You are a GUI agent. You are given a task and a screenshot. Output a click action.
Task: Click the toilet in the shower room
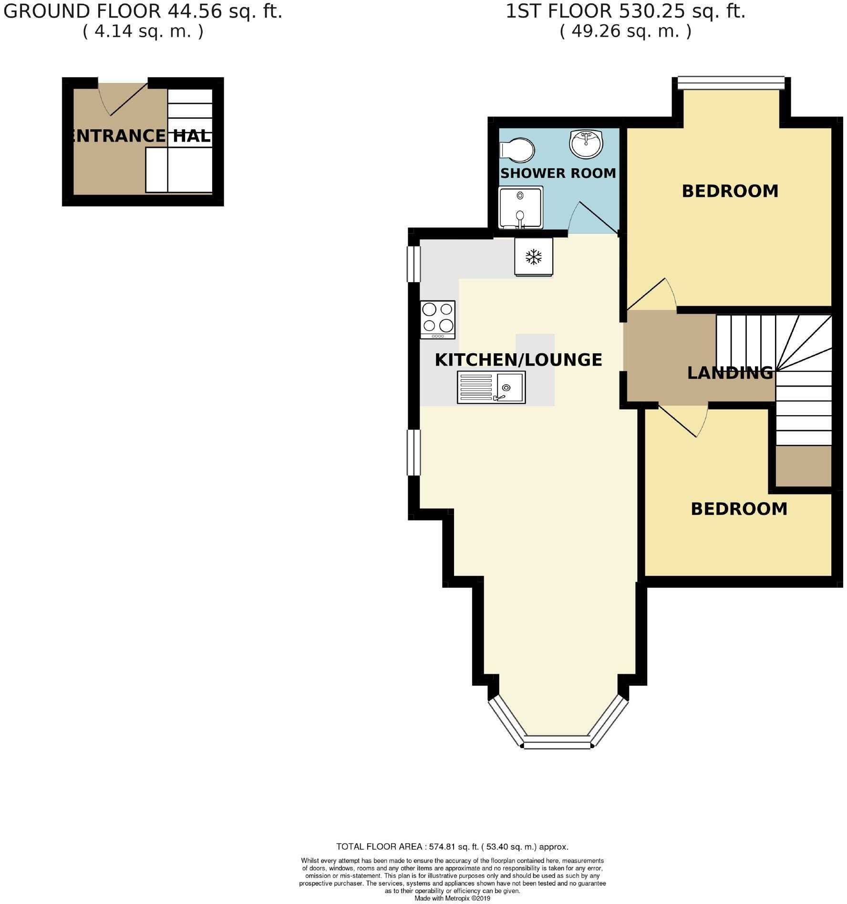(516, 149)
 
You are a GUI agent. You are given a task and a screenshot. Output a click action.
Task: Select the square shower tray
(521, 207)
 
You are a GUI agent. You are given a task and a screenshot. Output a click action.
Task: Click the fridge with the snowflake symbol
(534, 257)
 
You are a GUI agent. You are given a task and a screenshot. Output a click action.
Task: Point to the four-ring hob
(438, 320)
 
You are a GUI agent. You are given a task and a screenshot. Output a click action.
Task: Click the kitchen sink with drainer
(491, 387)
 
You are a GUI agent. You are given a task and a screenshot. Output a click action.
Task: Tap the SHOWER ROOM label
(558, 173)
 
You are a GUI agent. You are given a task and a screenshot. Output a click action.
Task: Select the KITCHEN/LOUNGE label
(518, 360)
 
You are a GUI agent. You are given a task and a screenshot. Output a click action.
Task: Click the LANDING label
(730, 372)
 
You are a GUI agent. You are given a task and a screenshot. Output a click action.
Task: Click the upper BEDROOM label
(730, 191)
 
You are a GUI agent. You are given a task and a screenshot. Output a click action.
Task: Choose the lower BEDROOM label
(739, 509)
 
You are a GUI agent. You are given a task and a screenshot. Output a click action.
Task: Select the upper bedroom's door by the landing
(651, 294)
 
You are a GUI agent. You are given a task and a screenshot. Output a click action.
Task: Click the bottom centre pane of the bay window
(557, 742)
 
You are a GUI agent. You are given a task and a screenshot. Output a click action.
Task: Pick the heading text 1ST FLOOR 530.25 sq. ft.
(625, 11)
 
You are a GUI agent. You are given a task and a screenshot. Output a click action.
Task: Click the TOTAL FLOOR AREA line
(452, 847)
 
